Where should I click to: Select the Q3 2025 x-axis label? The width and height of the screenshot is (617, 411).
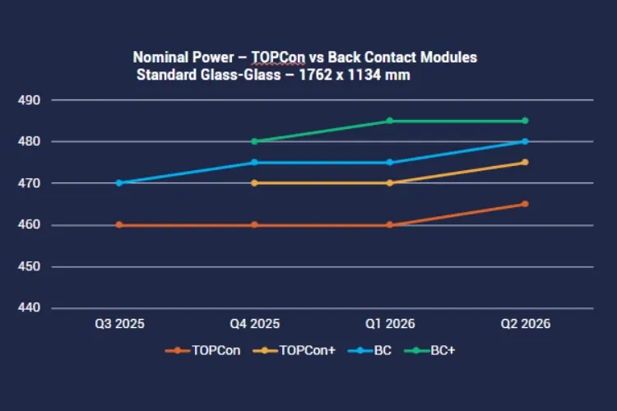(x=119, y=325)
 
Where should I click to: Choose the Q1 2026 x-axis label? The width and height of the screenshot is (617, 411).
(x=389, y=325)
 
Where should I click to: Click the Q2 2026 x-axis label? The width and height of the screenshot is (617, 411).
(x=524, y=325)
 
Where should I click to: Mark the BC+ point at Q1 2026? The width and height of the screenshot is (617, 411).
(x=389, y=121)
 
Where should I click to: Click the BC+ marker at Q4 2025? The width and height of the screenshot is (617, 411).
(x=254, y=141)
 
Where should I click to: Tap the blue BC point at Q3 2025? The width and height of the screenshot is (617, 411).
(x=119, y=182)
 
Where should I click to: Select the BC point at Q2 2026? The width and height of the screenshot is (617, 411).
(x=525, y=141)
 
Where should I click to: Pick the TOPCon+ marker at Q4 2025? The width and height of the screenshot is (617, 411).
(x=254, y=182)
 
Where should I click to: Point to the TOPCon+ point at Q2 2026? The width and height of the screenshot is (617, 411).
(x=525, y=162)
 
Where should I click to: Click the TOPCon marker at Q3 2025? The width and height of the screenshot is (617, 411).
(x=119, y=224)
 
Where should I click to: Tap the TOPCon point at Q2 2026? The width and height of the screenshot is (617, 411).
(x=525, y=204)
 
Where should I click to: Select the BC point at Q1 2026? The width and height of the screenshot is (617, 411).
(x=389, y=162)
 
